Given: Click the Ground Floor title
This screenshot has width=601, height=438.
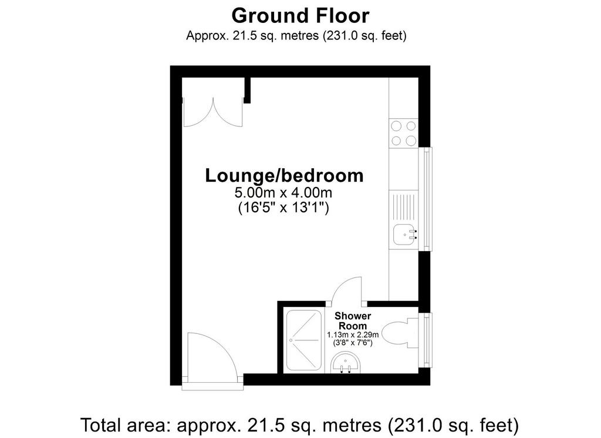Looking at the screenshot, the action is (x=300, y=16).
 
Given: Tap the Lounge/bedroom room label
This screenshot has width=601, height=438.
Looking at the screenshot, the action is (x=285, y=175).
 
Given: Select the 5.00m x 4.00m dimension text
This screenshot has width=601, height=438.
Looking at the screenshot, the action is (x=283, y=192).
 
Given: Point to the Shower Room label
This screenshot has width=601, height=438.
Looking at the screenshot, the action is (x=353, y=320).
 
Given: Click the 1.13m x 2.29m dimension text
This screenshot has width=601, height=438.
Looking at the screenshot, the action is (x=353, y=335).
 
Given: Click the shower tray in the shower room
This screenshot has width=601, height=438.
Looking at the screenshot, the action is (x=303, y=340).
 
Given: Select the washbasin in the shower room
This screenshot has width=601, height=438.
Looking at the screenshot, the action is (x=345, y=363).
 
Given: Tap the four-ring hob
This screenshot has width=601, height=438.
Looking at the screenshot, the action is (x=404, y=133).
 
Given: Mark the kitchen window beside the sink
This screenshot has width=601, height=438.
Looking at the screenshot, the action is (x=426, y=199).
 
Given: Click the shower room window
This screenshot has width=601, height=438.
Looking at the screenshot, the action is (x=426, y=340).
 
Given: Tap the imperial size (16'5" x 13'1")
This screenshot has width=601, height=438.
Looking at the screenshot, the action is (x=283, y=208).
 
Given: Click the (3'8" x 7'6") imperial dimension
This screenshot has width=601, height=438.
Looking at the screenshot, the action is (x=353, y=342).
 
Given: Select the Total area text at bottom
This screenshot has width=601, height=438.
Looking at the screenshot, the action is (x=299, y=425).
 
